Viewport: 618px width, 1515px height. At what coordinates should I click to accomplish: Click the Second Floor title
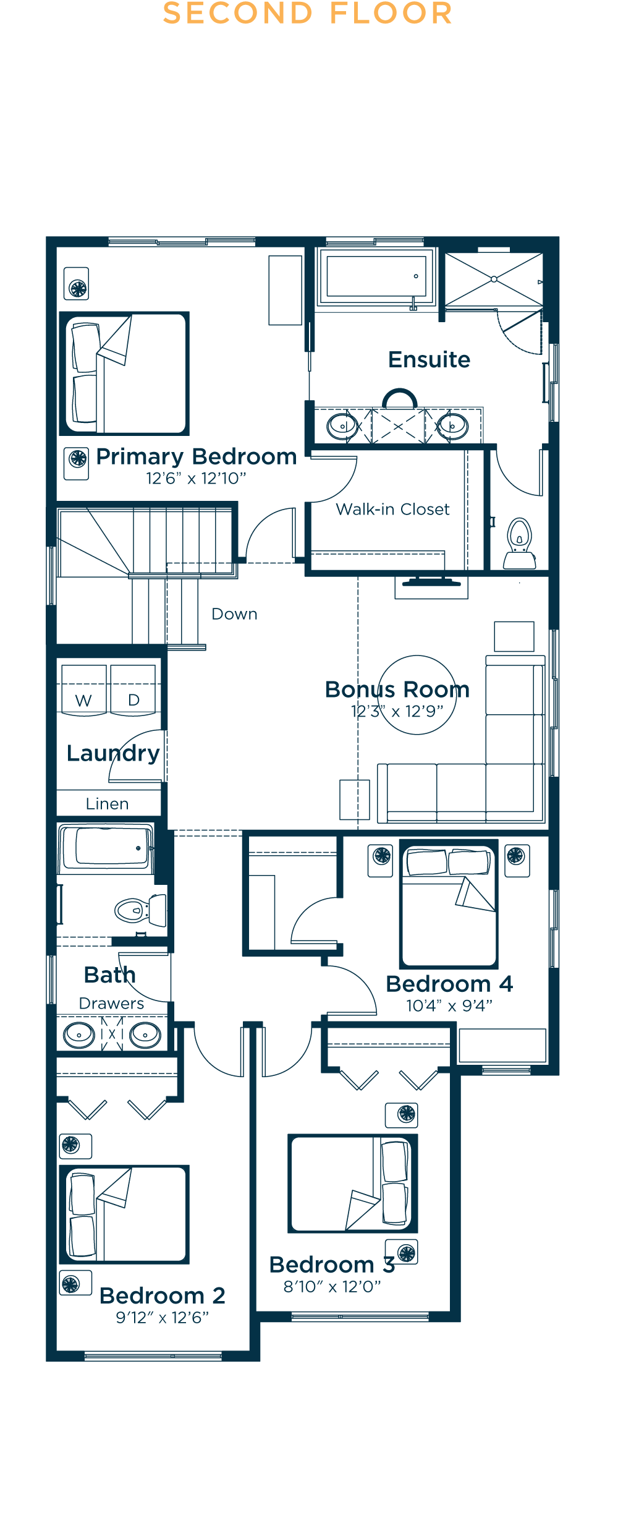coord(308,14)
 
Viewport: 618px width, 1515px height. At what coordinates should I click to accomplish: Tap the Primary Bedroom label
coord(197,457)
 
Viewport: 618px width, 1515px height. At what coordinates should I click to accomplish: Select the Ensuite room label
coord(429,359)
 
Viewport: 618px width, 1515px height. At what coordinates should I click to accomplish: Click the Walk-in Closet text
coord(392,509)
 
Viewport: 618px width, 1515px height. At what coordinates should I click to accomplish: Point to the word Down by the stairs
coord(234,614)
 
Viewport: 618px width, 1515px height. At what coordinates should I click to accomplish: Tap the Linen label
coord(107,804)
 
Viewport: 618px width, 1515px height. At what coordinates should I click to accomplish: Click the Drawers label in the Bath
coord(111,1003)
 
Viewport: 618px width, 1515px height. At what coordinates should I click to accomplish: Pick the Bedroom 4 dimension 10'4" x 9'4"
coord(449,1005)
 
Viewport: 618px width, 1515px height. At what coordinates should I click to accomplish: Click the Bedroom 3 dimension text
coord(332,1287)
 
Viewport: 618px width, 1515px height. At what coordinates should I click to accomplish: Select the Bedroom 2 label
coord(162,1295)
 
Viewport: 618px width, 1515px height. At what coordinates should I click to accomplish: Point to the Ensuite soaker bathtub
coord(376,276)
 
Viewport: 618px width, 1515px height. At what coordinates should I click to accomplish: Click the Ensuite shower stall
coord(494,280)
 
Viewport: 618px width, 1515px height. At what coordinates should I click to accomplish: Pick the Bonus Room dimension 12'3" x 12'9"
coord(397,711)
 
